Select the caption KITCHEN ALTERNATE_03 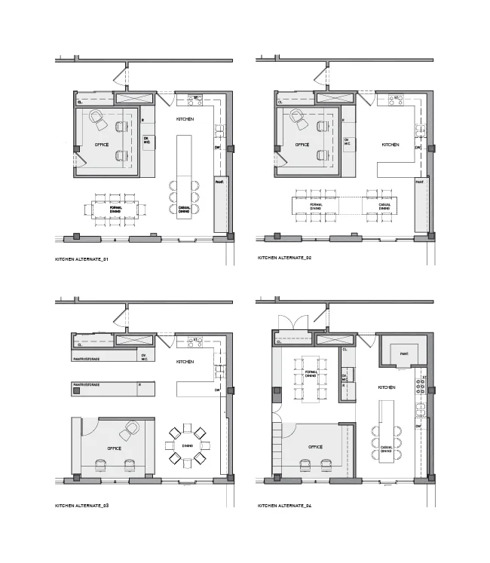click(82, 504)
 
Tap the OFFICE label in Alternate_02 click(302, 144)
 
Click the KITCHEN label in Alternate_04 click(387, 387)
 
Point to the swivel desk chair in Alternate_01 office click(97, 116)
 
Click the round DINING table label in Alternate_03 click(188, 445)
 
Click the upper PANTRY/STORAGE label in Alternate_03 click(96, 359)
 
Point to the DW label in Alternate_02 click(418, 148)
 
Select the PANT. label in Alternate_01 click(219, 182)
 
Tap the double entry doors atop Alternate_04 click(292, 322)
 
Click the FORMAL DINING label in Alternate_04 click(308, 375)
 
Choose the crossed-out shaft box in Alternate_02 click(335, 98)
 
